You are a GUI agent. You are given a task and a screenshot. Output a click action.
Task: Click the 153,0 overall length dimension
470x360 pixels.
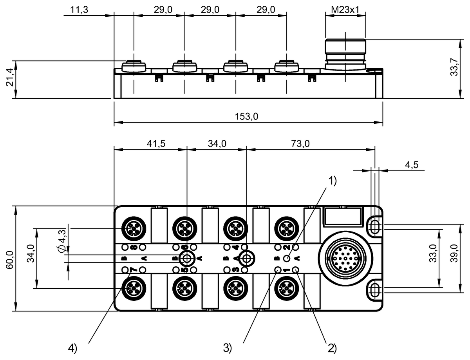[246, 117]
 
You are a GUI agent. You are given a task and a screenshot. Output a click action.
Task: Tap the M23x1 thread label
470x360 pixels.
[345, 10]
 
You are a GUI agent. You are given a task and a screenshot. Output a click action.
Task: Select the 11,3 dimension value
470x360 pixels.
[79, 10]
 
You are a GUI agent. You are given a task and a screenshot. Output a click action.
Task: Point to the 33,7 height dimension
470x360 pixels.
[454, 67]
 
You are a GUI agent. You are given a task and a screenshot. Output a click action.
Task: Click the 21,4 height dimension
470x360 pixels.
[10, 77]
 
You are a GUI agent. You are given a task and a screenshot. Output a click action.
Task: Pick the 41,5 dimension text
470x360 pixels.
[156, 143]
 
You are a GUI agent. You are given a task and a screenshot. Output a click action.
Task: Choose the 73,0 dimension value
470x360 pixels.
[300, 143]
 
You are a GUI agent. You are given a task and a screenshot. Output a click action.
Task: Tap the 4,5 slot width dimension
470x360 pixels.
[412, 165]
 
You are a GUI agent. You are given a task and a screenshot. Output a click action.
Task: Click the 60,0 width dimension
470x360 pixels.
[10, 260]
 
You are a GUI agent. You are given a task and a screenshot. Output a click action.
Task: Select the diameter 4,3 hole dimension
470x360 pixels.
[61, 241]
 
